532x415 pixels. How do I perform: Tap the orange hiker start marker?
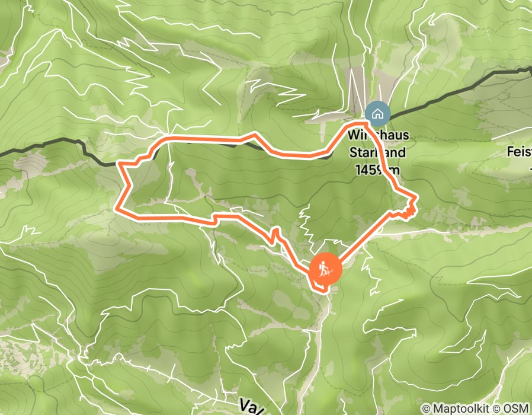(325, 270)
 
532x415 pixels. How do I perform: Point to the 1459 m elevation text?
(377, 170)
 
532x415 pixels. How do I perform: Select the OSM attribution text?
(516, 408)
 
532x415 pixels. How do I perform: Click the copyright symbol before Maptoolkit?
(427, 408)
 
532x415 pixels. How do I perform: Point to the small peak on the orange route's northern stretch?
(255, 135)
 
